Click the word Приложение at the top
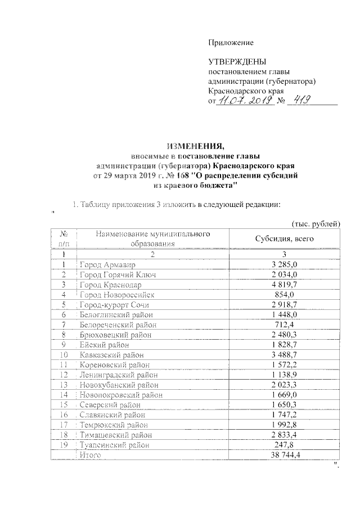(x=231, y=43)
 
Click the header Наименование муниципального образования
(x=153, y=238)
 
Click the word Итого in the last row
(x=90, y=454)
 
